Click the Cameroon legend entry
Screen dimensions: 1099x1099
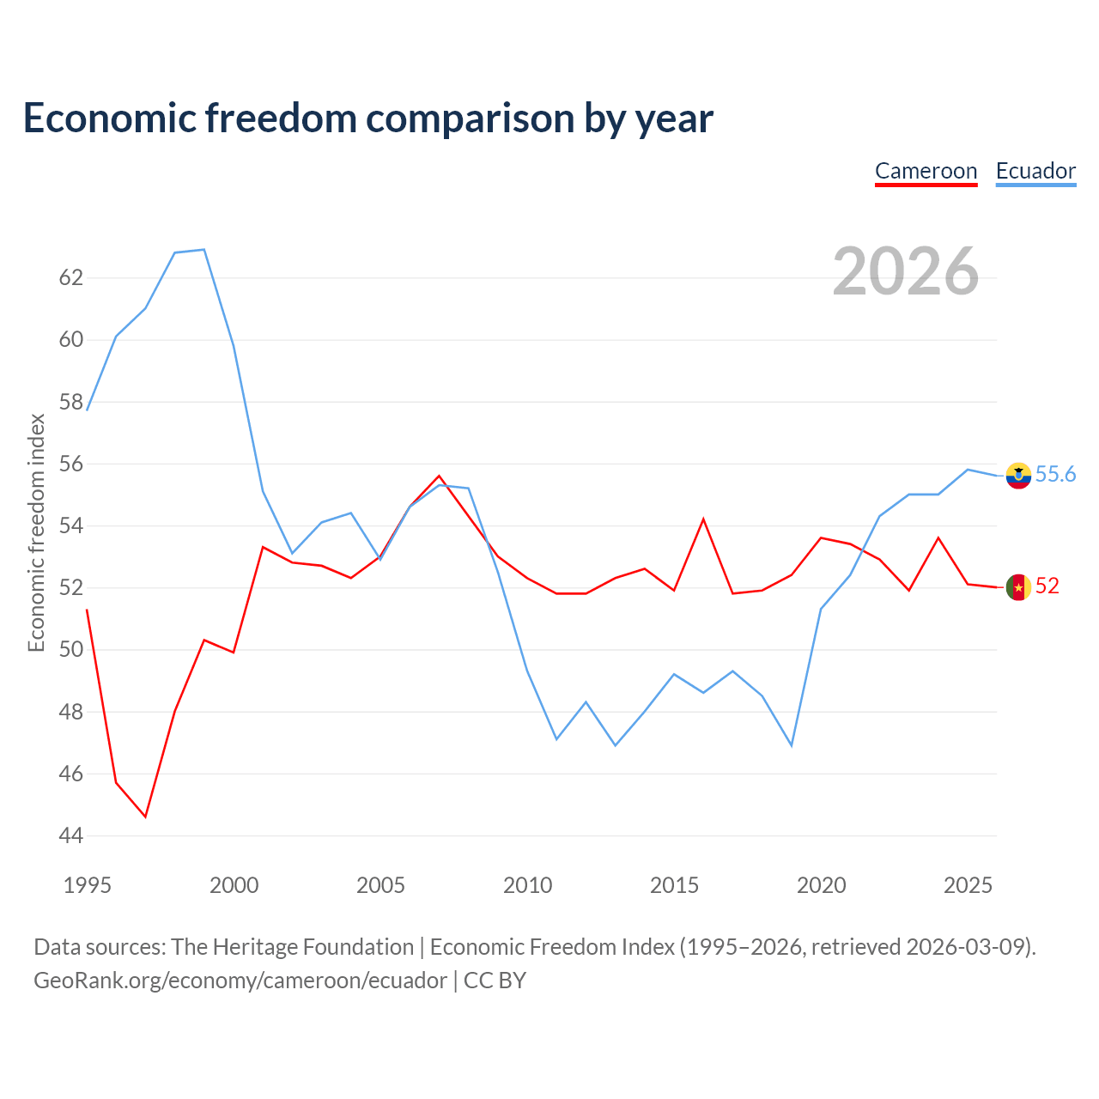(x=926, y=172)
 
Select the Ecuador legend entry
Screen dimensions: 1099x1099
(x=1035, y=172)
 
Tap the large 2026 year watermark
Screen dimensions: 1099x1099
(x=906, y=271)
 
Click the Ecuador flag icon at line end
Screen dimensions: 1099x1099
(x=1018, y=476)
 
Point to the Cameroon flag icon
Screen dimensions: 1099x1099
(x=1018, y=587)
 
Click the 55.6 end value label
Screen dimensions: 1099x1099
(x=1055, y=474)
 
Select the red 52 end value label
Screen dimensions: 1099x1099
(x=1047, y=586)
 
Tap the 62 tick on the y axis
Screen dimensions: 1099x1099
(x=71, y=277)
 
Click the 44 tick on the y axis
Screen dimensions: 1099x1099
(x=71, y=836)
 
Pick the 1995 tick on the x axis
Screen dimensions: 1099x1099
(x=88, y=886)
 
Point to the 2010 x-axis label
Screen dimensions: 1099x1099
(x=527, y=886)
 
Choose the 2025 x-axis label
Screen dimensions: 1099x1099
(x=968, y=886)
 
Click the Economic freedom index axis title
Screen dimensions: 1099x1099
(x=37, y=532)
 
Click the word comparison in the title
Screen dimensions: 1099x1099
(x=470, y=118)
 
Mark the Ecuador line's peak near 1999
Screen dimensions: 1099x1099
(x=204, y=249)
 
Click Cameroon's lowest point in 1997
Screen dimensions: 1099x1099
(x=145, y=817)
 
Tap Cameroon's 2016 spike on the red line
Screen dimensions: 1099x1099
(x=703, y=519)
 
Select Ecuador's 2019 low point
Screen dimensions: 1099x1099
(x=792, y=745)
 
